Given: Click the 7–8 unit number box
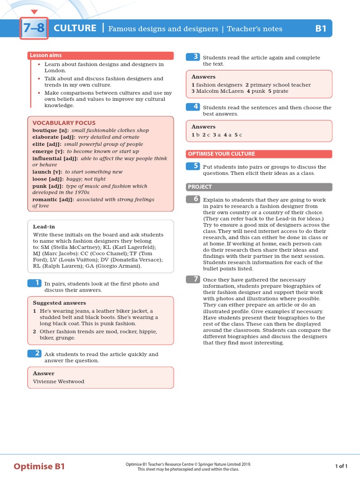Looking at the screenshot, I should [x=34, y=28].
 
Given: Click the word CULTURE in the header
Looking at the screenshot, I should [x=75, y=28].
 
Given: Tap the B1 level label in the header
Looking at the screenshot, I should [x=321, y=29].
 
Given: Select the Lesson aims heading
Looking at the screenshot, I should [x=46, y=55].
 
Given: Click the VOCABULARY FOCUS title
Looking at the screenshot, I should [x=64, y=123].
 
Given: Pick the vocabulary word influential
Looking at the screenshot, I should [x=49, y=158].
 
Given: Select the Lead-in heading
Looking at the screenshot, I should [x=44, y=226].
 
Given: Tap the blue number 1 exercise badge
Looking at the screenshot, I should [x=35, y=283].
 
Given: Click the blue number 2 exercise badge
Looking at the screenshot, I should [x=35, y=353].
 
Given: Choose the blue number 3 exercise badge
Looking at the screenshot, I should [x=193, y=57].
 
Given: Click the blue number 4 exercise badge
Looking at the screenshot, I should [x=193, y=106].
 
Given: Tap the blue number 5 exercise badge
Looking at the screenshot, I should [x=193, y=166].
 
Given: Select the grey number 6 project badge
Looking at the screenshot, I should [x=193, y=199].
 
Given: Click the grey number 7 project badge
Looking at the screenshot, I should [x=193, y=279].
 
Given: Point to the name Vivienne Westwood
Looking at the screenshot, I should [x=59, y=382].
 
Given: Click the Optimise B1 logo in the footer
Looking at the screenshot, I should [x=39, y=466].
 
